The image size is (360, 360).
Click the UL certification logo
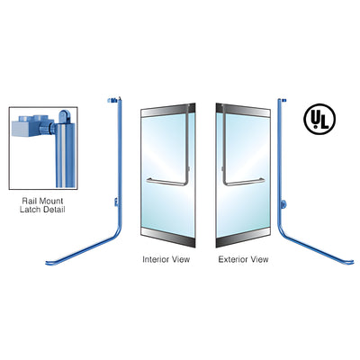[x=319, y=119]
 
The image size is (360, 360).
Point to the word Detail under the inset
[x=53, y=210]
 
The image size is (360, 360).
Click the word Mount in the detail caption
[x=50, y=201]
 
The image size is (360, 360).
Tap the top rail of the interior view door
[x=168, y=111]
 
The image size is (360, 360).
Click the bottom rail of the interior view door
[x=168, y=238]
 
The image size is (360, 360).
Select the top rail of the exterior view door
[x=243, y=111]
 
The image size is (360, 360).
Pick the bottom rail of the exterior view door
[x=243, y=238]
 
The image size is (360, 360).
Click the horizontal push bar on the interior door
[x=166, y=182]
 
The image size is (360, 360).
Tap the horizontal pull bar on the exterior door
[x=245, y=182]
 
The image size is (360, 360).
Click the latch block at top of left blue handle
[x=112, y=100]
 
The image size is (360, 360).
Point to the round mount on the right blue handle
[x=283, y=204]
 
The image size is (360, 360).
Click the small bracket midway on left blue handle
[x=116, y=202]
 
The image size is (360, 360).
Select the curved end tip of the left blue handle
[x=48, y=264]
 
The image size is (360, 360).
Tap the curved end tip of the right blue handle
[x=352, y=263]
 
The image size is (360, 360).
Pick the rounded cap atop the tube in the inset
[x=65, y=116]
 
